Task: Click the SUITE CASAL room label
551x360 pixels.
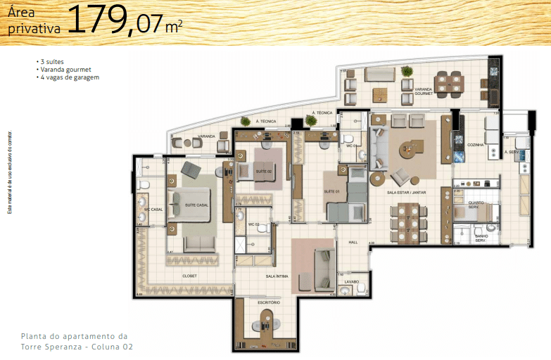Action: (196, 205)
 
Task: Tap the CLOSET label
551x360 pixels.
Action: (189, 276)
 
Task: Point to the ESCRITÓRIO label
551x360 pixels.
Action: (269, 302)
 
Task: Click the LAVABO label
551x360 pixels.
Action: (351, 282)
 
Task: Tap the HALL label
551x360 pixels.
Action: (353, 243)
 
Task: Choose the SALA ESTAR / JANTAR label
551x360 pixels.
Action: (406, 192)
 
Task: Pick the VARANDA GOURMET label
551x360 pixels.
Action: (423, 91)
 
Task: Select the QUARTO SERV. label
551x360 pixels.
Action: (479, 205)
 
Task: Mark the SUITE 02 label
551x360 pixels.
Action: (263, 172)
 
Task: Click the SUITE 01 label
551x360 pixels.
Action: (332, 191)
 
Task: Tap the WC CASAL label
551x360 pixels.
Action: (153, 210)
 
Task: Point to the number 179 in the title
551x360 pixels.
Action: (98, 22)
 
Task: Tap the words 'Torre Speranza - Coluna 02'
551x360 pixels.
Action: (76, 347)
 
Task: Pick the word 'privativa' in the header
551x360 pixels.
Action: (32, 29)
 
